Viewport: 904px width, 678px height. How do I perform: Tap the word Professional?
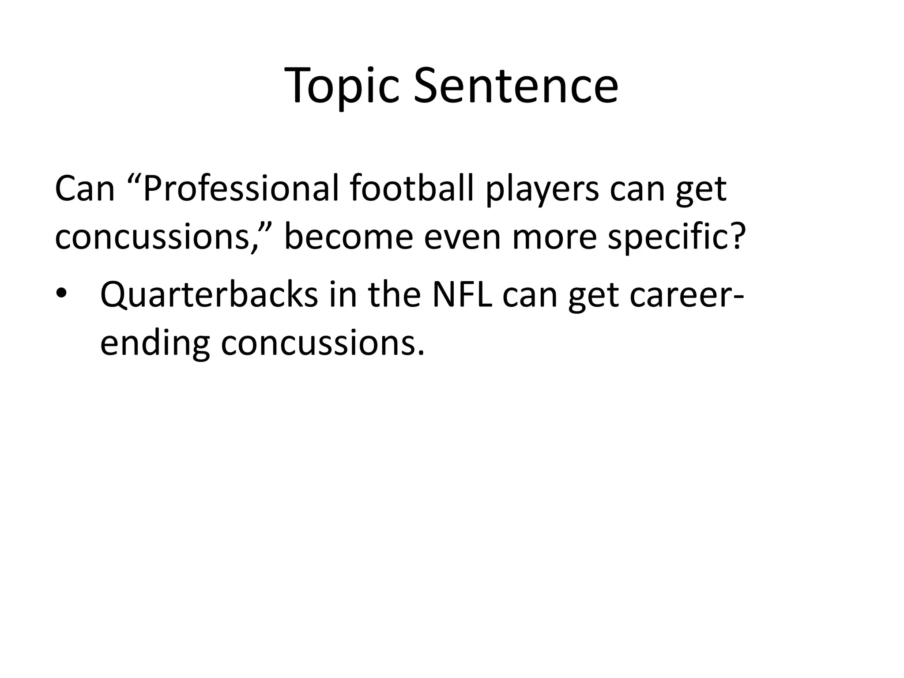click(241, 189)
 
